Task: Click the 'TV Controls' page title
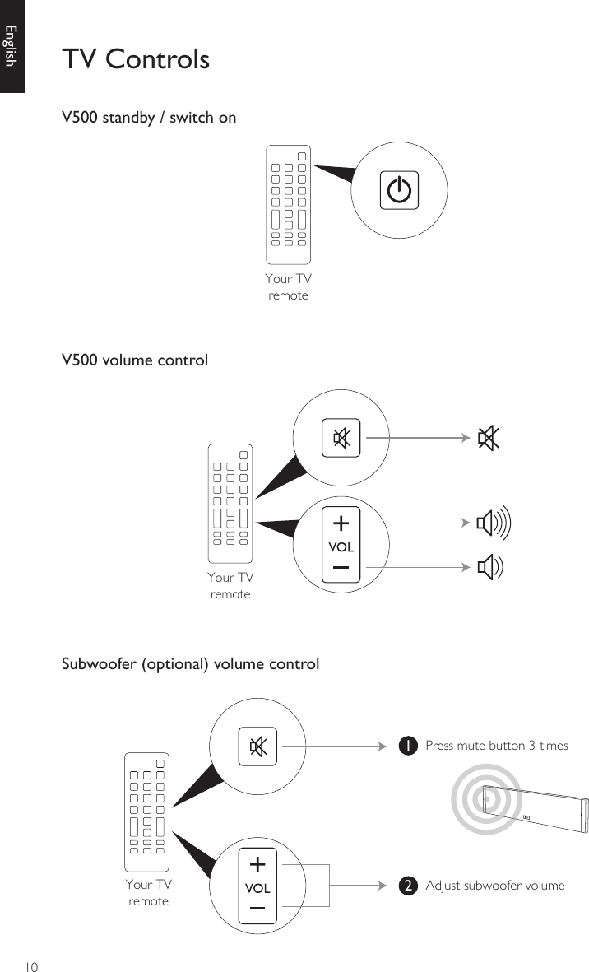[136, 59]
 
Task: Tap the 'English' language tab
[11, 45]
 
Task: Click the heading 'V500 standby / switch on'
[149, 117]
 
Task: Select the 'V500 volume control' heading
[135, 360]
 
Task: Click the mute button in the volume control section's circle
[341, 438]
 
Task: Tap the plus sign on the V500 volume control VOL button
[341, 523]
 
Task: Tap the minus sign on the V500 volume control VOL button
[341, 569]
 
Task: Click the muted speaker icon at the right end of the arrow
[488, 439]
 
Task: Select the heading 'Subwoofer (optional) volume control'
[191, 663]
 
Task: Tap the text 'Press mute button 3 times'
[496, 746]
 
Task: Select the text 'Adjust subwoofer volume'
[494, 886]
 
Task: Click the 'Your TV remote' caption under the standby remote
[288, 286]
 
